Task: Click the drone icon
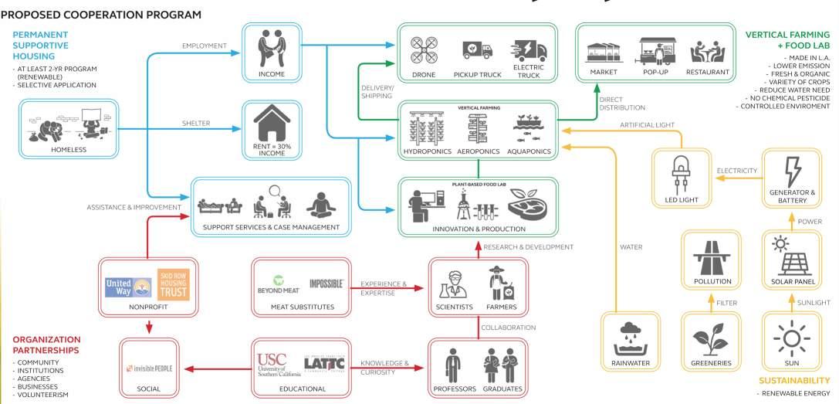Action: click(x=424, y=49)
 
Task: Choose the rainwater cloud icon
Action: click(x=623, y=338)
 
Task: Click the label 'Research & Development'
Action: click(x=528, y=247)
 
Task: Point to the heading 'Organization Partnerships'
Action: click(x=46, y=344)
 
